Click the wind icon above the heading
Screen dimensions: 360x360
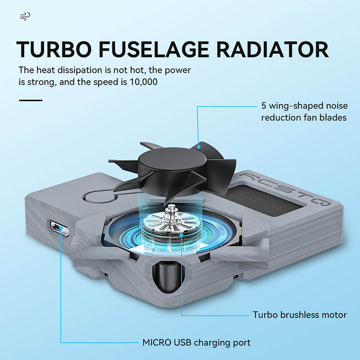coord(25,16)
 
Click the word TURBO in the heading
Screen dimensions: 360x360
coord(54,50)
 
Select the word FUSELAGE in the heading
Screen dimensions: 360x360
coord(154,50)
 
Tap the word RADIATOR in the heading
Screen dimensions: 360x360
coord(272,50)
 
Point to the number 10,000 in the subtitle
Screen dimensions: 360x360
coord(143,82)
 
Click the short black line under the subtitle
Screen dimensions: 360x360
coord(31,100)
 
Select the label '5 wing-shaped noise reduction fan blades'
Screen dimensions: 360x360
coord(304,111)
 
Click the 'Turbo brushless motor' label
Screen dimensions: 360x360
coord(300,315)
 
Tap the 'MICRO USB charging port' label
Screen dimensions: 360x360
coord(196,342)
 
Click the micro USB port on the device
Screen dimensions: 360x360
coord(60,228)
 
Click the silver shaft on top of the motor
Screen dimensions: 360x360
coord(170,210)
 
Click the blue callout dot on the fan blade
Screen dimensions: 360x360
coord(199,147)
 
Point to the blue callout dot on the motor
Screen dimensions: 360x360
coord(181,234)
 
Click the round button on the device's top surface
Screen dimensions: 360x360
coord(99,197)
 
